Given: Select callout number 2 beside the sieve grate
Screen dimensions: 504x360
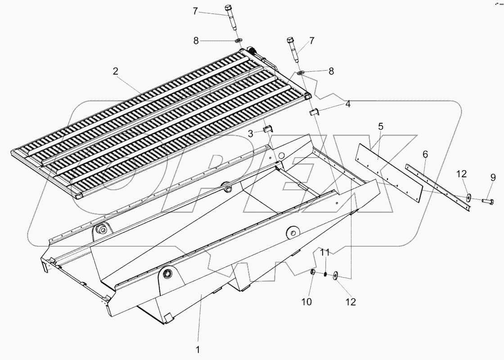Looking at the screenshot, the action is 116,71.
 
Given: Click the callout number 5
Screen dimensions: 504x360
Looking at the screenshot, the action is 381,126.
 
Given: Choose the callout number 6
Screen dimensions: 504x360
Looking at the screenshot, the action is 425,154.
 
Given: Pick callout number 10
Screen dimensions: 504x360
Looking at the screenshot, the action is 306,302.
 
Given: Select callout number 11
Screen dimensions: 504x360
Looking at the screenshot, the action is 325,253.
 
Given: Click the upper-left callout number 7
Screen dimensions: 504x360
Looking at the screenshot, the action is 195,11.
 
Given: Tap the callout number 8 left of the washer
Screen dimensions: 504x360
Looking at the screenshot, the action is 196,40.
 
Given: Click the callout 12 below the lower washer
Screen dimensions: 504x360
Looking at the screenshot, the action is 350,302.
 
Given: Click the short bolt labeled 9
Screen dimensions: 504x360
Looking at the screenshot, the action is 487,201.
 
